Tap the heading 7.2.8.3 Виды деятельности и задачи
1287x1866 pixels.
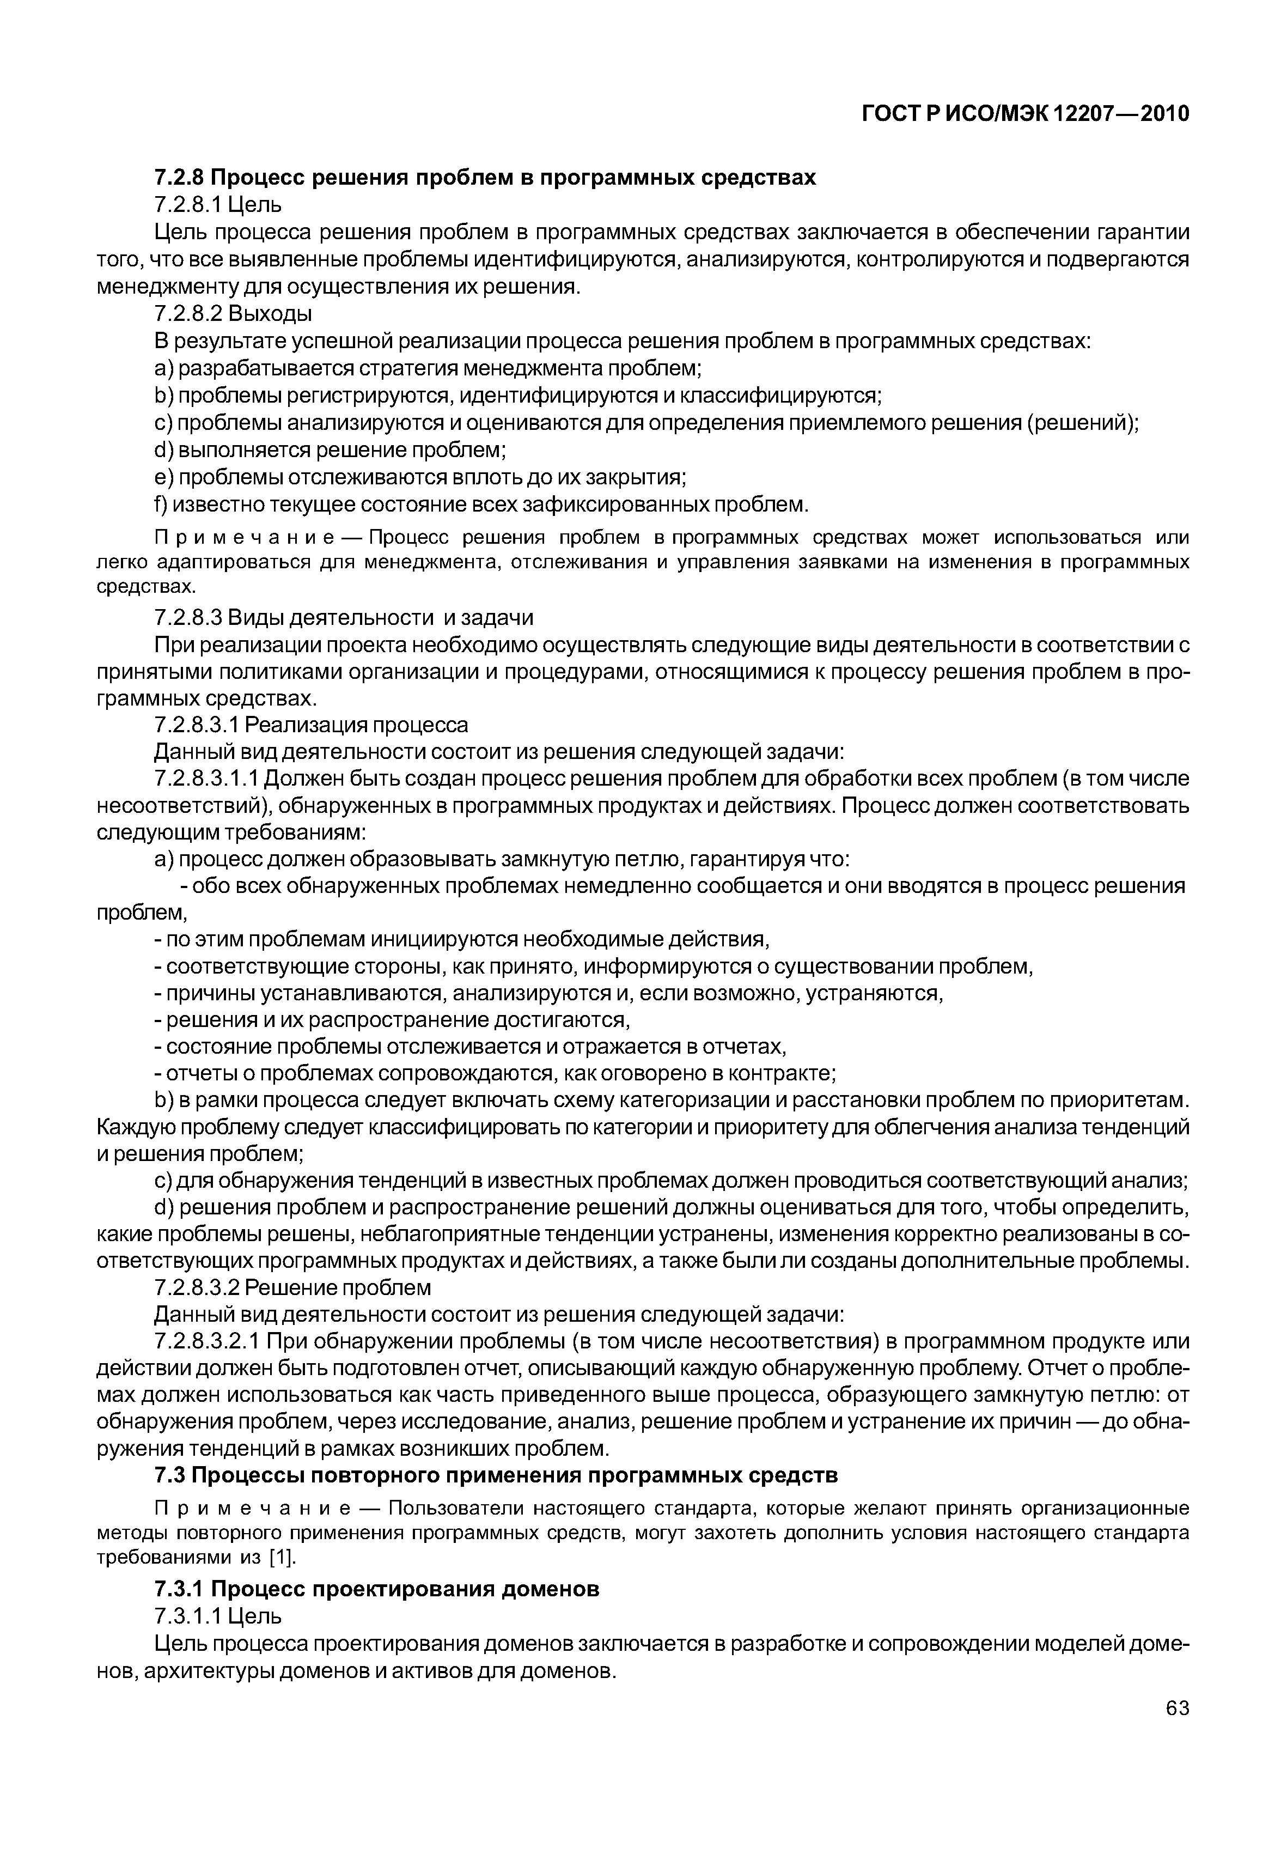[x=344, y=618]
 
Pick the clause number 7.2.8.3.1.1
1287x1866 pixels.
[x=206, y=779]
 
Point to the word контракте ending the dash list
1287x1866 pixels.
[x=780, y=1074]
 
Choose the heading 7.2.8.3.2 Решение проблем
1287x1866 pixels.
[x=292, y=1287]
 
